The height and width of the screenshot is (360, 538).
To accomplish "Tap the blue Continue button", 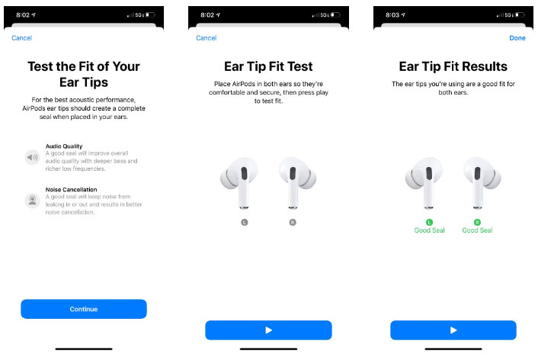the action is coord(84,309).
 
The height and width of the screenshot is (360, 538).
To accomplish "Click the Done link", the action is coord(517,38).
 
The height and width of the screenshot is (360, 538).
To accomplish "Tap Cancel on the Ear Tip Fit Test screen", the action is coord(207,38).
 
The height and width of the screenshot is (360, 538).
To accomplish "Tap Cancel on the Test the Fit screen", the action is coord(21,38).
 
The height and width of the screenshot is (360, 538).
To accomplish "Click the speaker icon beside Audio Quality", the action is coord(33,157).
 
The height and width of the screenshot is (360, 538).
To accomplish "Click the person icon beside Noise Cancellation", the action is coord(33,201).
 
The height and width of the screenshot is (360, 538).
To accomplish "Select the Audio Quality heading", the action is coord(64,146).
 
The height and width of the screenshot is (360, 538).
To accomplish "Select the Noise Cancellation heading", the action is coord(71,189).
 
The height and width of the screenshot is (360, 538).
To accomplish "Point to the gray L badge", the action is coord(245,222).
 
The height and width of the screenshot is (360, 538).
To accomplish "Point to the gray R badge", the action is coord(293,222).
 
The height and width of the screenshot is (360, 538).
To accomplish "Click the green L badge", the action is coord(429,222).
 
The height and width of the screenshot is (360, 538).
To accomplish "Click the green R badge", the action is coord(477,222).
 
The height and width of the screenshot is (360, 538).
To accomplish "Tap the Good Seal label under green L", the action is coord(429,230).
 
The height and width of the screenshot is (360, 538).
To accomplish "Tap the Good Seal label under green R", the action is coord(477,230).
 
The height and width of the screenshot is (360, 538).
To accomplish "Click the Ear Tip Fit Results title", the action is coord(453,66).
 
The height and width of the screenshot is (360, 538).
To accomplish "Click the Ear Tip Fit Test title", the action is coord(268,66).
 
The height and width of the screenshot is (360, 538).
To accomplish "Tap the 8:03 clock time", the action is coord(392,15).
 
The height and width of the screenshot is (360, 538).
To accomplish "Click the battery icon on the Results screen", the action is coord(520,14).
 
